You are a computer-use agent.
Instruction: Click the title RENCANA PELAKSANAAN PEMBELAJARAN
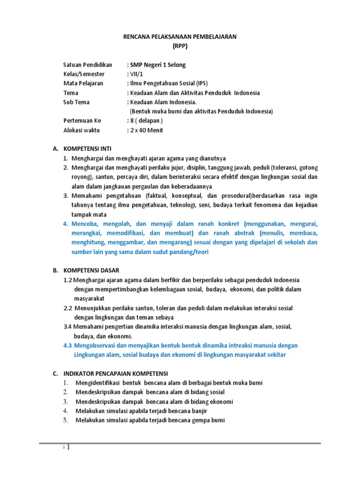point(180,37)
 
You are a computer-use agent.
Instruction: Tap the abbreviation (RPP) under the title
point(180,46)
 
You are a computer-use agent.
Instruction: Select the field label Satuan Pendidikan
point(88,65)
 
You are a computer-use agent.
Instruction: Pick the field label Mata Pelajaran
point(83,83)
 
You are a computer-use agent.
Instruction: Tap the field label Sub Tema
point(76,102)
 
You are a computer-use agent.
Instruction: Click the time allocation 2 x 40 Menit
point(146,130)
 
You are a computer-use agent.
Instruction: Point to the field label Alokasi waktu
point(82,130)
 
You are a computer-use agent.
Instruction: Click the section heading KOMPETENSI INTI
point(90,149)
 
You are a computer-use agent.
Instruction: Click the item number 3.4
point(68,327)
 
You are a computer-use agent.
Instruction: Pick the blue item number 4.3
point(68,345)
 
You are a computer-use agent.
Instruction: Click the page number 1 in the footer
point(64,448)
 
